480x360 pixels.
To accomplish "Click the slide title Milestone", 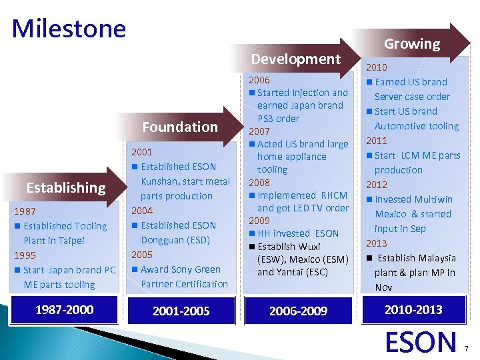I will (69, 29).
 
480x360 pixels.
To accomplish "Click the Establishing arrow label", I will (65, 187).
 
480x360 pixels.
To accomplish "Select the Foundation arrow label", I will (180, 127).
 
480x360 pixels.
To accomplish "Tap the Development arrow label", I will (295, 59).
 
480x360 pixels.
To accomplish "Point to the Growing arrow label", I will (411, 44).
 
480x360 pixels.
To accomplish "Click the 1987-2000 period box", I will (64, 309).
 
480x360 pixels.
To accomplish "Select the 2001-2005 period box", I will (181, 311).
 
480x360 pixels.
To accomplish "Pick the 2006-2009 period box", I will (297, 311).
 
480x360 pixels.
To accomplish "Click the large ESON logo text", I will (421, 341).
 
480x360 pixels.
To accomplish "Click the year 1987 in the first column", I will (26, 211).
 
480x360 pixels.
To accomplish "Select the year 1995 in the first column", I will (26, 255).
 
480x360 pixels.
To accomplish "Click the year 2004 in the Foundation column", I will (142, 211).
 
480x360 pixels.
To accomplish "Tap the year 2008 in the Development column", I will (259, 182).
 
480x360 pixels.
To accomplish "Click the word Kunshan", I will (163, 181).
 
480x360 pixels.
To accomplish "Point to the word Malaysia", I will (437, 258).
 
